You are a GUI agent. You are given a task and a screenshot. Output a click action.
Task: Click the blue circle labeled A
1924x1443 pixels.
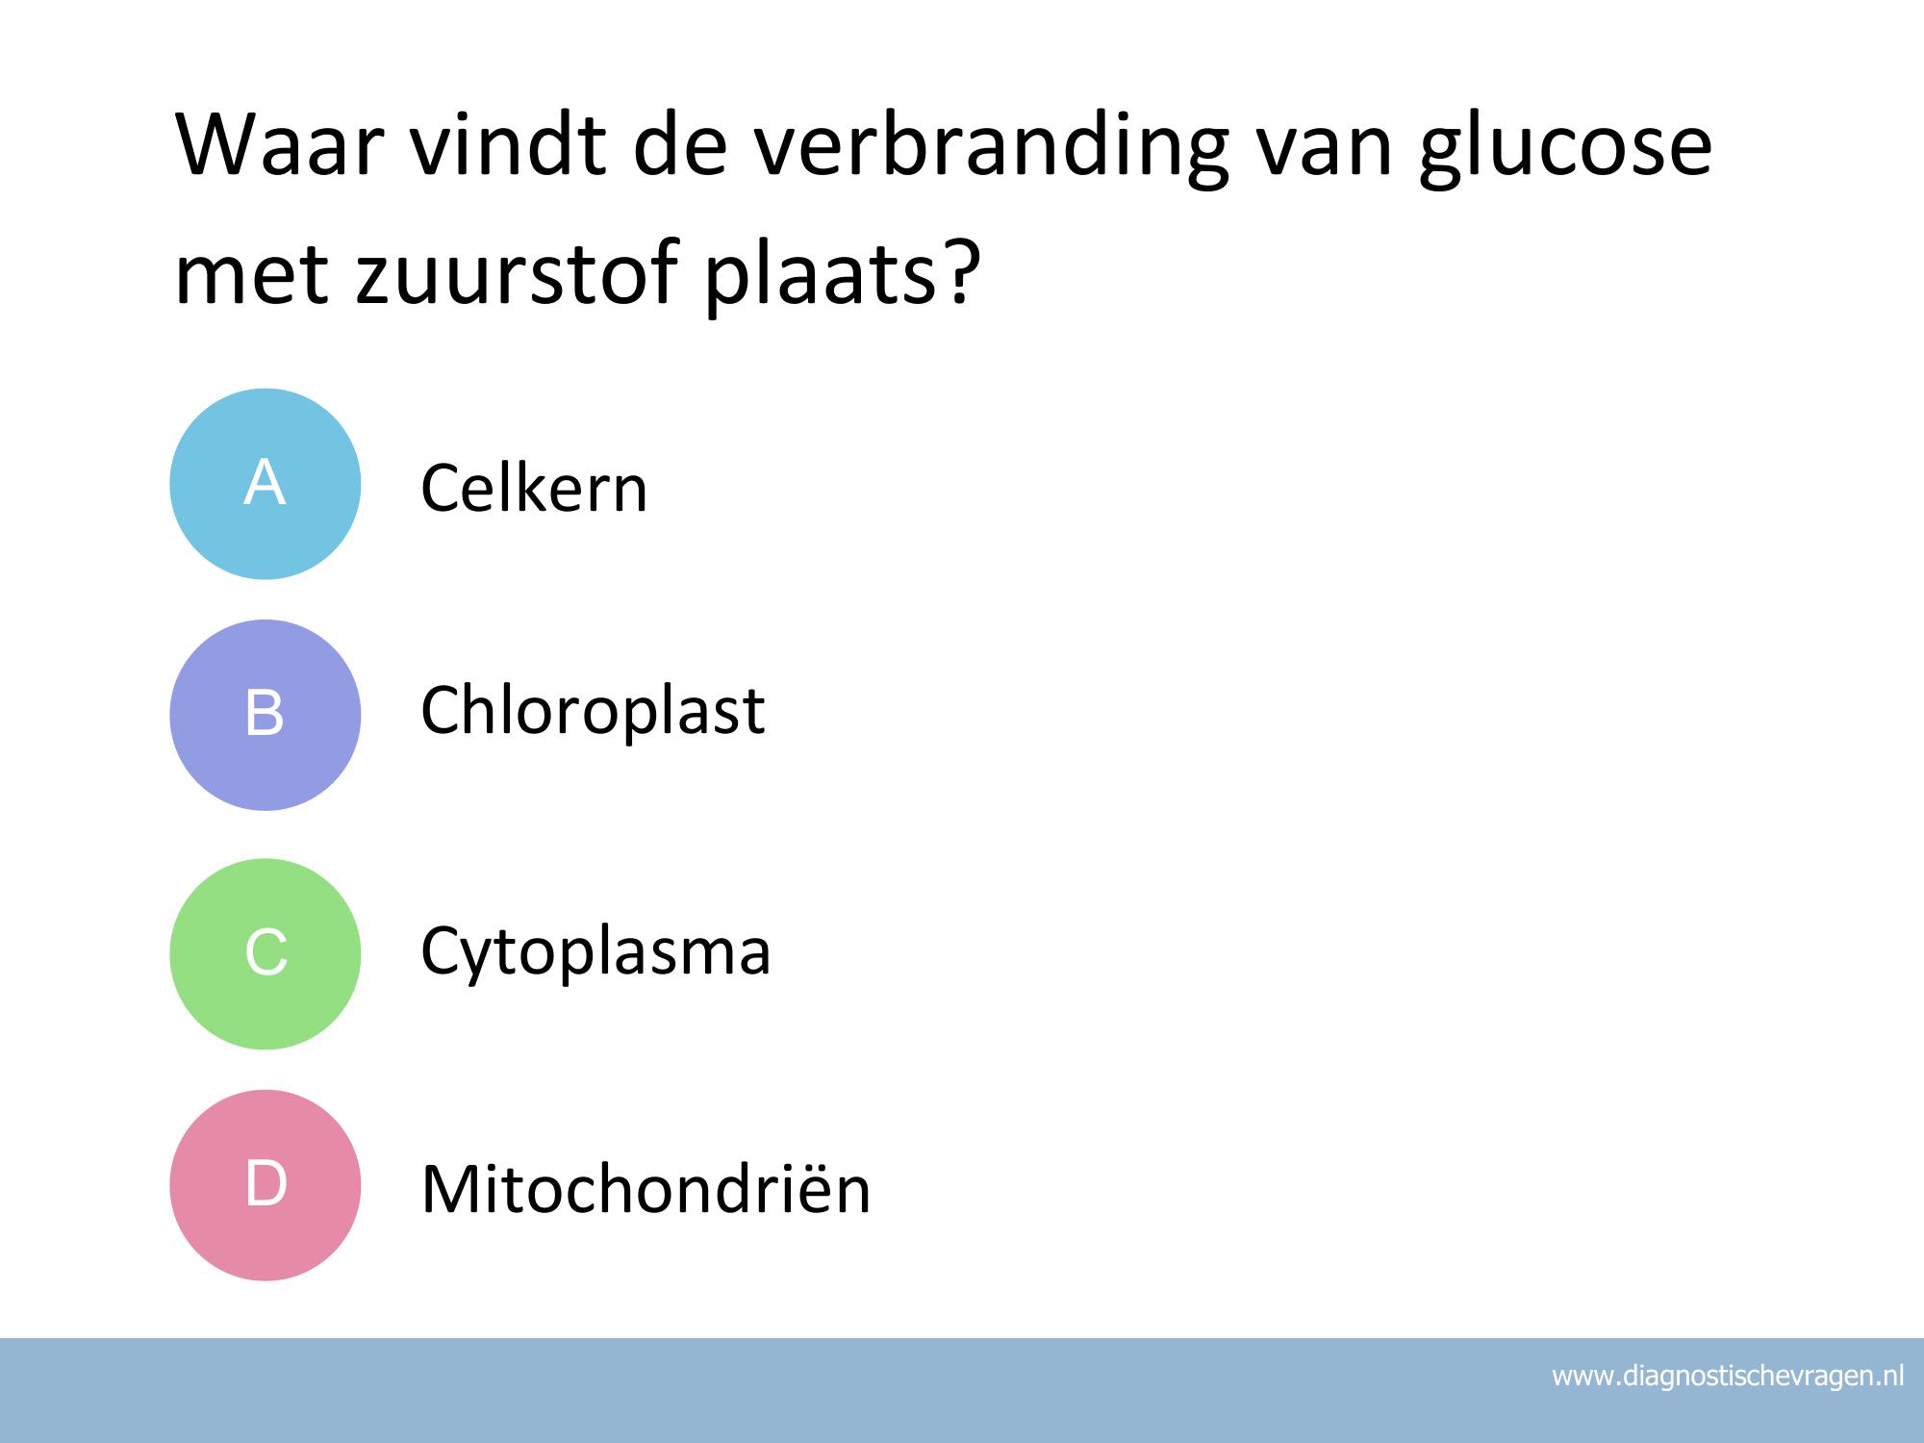(266, 484)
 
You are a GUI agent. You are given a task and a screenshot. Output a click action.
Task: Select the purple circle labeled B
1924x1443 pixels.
(266, 715)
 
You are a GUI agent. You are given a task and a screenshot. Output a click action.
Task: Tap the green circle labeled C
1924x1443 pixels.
(266, 953)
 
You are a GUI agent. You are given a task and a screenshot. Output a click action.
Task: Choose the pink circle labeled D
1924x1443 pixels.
(266, 1184)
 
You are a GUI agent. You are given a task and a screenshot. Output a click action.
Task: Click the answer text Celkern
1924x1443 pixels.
(534, 488)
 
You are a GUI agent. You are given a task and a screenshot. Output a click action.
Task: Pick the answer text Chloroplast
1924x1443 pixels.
(593, 710)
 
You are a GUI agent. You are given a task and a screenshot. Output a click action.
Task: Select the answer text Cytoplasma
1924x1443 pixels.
(595, 951)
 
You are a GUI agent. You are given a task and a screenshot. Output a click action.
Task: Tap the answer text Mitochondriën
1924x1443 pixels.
(646, 1189)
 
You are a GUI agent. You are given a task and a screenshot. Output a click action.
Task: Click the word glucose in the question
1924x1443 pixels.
(1565, 149)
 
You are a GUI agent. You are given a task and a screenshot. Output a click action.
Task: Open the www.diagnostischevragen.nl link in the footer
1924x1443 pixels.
(1728, 1377)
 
